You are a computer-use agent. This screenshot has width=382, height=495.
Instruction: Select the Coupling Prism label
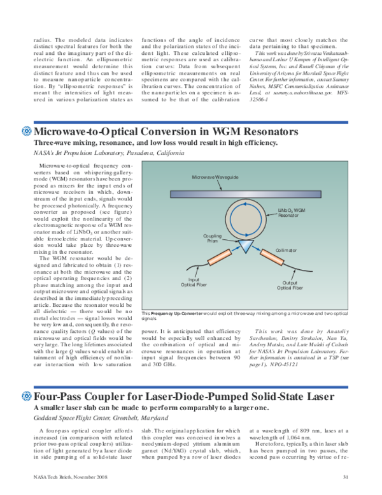pyautogui.click(x=213, y=239)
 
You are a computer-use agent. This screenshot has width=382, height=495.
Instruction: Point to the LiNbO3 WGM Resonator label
pyautogui.click(x=292, y=212)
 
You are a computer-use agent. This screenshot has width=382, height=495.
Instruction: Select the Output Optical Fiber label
pyautogui.click(x=290, y=286)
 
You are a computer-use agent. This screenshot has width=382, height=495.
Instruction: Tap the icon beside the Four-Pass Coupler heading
pyautogui.click(x=27, y=397)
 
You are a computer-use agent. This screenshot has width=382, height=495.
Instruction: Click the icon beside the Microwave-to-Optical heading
pyautogui.click(x=27, y=131)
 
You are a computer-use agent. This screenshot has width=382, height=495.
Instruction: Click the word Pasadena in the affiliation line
pyautogui.click(x=130, y=154)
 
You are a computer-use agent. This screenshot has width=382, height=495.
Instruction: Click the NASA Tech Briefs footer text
pyautogui.click(x=66, y=477)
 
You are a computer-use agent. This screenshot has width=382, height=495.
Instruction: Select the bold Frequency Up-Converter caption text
pyautogui.click(x=173, y=314)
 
